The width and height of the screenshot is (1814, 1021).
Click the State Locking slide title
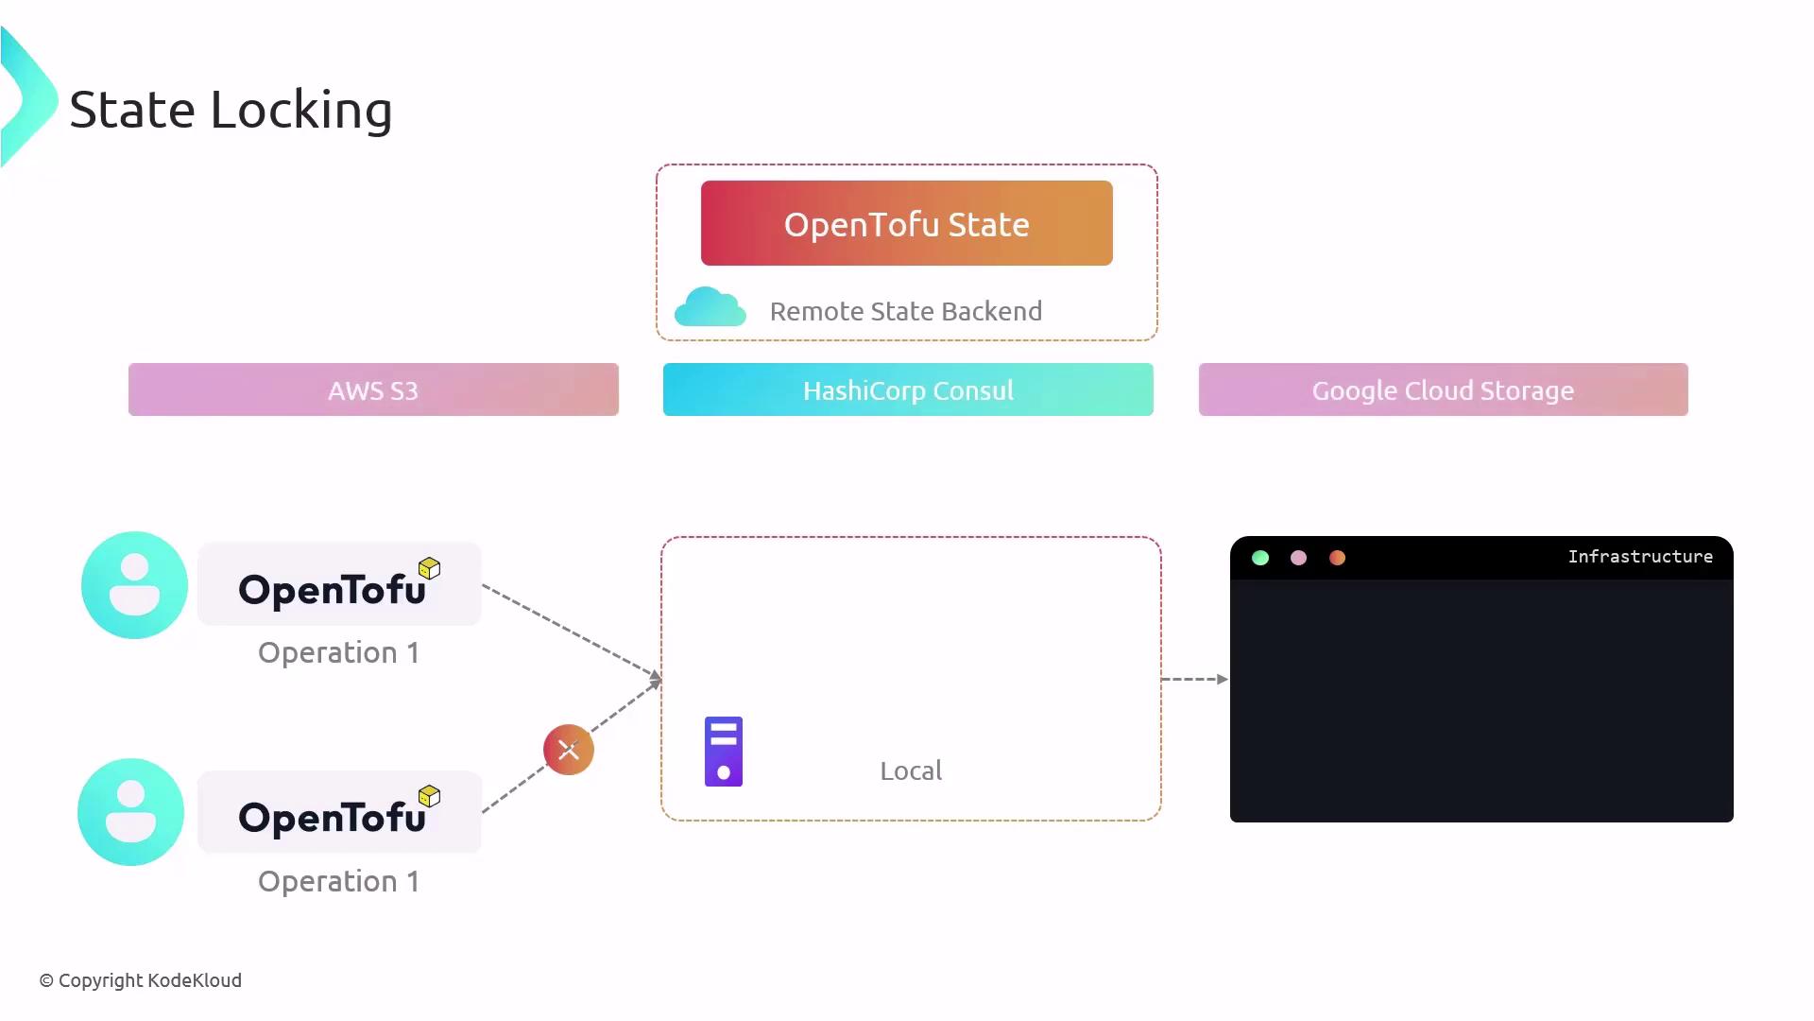(x=231, y=110)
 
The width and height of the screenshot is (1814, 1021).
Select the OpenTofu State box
(x=906, y=223)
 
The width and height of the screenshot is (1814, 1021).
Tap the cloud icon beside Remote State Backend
(x=710, y=307)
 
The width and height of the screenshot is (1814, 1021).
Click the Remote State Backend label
(x=905, y=311)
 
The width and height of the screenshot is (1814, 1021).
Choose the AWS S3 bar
(x=373, y=389)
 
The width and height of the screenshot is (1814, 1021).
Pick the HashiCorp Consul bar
(x=908, y=389)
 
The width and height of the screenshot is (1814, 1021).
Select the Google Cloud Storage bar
(x=1443, y=389)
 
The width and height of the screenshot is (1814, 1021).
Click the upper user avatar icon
(x=134, y=585)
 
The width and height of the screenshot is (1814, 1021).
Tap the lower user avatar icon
(x=130, y=812)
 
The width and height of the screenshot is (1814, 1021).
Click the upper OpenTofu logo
(x=338, y=585)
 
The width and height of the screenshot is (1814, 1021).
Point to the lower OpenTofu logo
(x=338, y=813)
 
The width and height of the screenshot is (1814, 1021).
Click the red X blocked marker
(x=569, y=750)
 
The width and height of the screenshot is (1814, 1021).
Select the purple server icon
(x=724, y=752)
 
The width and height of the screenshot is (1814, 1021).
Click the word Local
(x=911, y=770)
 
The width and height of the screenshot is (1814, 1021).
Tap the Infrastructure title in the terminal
(x=1640, y=557)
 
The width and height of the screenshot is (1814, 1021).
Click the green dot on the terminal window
(x=1260, y=558)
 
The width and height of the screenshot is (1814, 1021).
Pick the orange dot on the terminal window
(x=1337, y=558)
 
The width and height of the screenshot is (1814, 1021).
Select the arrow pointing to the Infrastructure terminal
(x=1194, y=679)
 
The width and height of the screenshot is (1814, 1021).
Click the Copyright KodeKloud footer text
(x=141, y=980)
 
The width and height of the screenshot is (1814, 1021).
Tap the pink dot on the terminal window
(x=1298, y=558)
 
